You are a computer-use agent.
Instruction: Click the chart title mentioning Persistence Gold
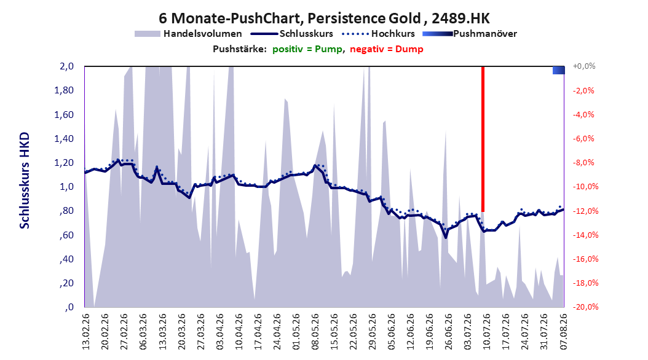coord(324,18)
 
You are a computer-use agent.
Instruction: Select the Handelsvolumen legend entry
coord(189,34)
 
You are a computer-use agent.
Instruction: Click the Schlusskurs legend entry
coord(292,34)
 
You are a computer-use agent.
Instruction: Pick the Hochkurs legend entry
coord(379,34)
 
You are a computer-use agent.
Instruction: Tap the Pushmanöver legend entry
coord(470,34)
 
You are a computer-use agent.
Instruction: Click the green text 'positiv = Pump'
coord(307,49)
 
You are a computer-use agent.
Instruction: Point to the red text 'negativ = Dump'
coord(387,49)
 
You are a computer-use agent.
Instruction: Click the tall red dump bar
coord(483,139)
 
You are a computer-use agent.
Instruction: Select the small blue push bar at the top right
coord(559,70)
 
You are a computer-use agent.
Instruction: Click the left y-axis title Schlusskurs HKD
coord(25,181)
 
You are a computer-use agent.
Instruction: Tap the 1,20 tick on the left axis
coord(64,163)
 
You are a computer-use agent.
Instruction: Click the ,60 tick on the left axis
coord(66,235)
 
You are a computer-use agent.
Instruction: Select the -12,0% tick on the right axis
coord(585,211)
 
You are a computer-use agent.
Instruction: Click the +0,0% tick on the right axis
coord(584,66)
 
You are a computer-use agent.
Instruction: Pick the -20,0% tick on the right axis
coord(585,307)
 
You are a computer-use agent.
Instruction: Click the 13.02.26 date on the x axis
coord(86,332)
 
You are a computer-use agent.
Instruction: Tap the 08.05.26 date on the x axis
coord(315,332)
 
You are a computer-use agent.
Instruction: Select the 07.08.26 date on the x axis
coord(564,332)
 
